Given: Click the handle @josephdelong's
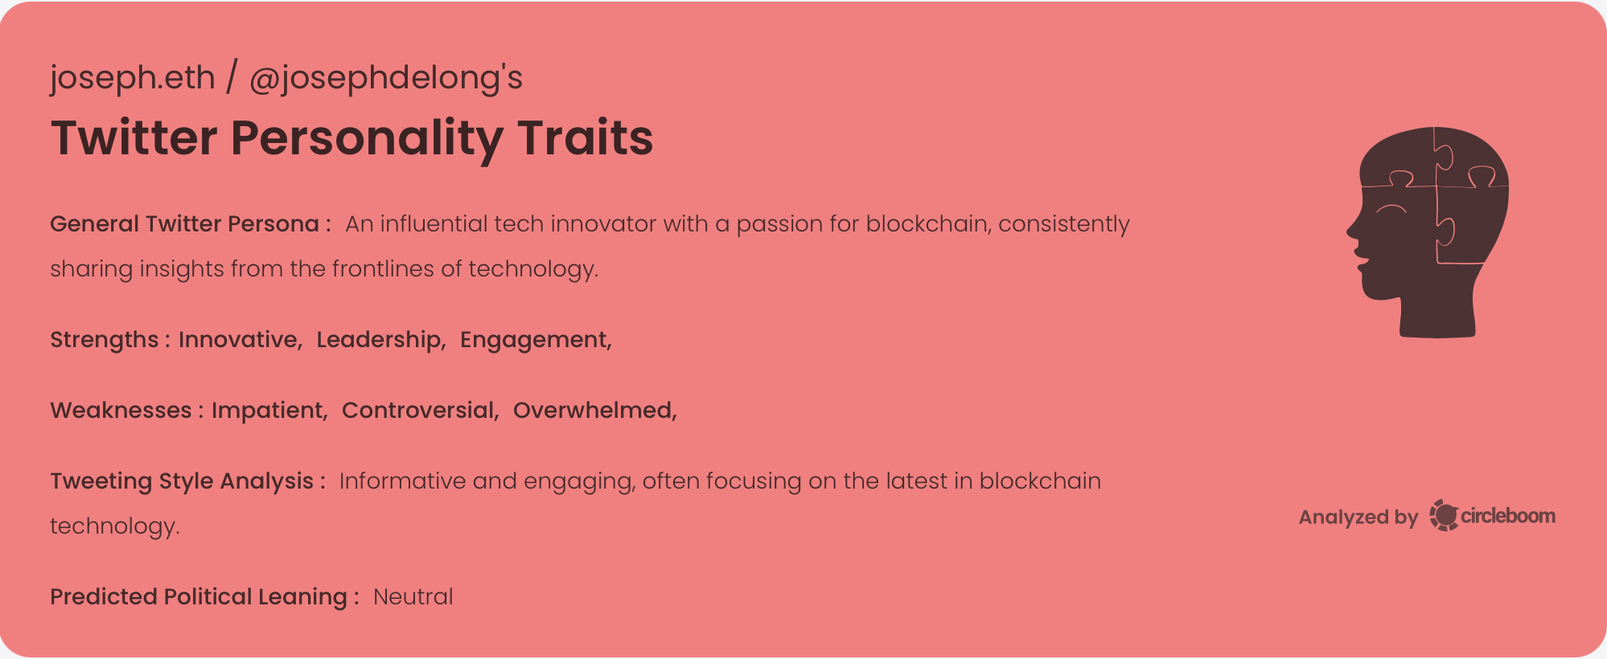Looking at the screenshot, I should [386, 78].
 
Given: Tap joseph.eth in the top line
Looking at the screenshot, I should [133, 78].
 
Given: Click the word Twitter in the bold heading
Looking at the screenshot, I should [134, 137].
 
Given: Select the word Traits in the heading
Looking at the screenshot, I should [585, 137].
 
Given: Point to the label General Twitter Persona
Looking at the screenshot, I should [185, 223].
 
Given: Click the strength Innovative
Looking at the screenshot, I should [239, 339].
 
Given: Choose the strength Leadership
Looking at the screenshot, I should [380, 339].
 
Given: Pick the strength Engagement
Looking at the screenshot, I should [534, 339].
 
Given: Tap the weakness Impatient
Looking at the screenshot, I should [268, 410].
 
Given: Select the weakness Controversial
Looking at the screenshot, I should [419, 410].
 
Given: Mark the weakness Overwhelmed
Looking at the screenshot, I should [594, 410].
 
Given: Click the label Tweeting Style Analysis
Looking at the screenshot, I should [182, 481].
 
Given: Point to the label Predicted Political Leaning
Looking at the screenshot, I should [199, 596].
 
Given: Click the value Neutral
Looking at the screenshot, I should [413, 596].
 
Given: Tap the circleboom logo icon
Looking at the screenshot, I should [1444, 515].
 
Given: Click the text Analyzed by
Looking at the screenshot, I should [1358, 517].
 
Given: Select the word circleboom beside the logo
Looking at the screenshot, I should [1508, 515].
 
